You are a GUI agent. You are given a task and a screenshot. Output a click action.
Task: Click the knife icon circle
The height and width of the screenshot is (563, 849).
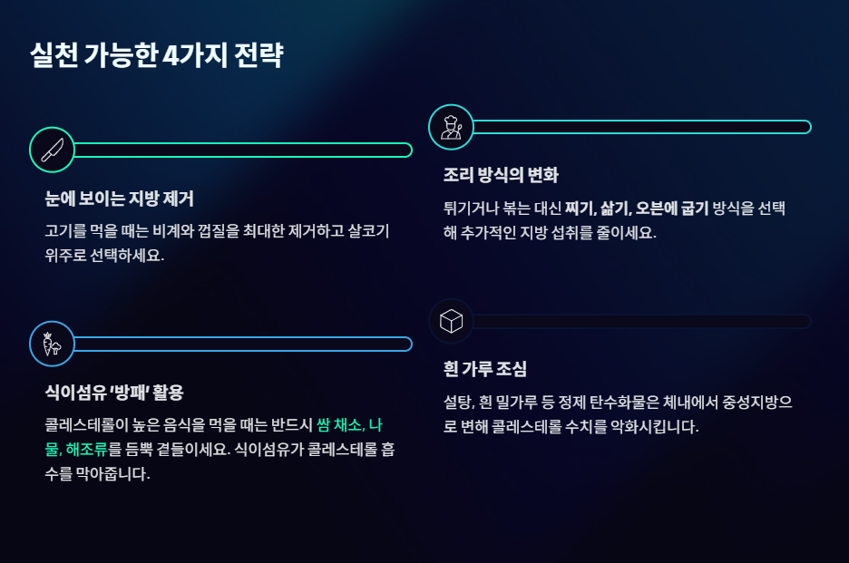coord(52,150)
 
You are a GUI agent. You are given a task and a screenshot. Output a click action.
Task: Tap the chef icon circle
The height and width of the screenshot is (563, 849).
coord(451,127)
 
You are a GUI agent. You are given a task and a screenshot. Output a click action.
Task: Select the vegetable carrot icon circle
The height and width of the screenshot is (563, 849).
coord(52,344)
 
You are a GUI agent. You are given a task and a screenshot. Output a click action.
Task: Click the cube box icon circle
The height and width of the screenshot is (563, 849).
coord(451,321)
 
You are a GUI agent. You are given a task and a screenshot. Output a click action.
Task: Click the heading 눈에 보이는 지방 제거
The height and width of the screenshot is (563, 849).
coord(119,199)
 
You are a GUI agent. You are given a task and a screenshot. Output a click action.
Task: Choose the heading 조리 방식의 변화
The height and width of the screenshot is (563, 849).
coord(501,175)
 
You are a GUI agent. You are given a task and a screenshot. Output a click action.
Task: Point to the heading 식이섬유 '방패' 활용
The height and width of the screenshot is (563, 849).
coord(113,393)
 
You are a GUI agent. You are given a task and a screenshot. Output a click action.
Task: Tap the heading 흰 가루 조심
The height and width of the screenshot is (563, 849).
coord(485,369)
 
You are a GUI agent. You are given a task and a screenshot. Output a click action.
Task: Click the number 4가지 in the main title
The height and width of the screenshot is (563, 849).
coord(195,56)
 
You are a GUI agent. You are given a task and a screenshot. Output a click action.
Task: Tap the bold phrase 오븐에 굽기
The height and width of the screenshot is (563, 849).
coord(671,208)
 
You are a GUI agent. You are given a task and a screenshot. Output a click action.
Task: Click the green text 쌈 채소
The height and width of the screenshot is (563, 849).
coord(338,425)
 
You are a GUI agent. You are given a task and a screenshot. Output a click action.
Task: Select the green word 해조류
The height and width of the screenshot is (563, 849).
coord(87,449)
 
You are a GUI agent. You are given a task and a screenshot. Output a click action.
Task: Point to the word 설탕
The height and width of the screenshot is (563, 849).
coord(459,402)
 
